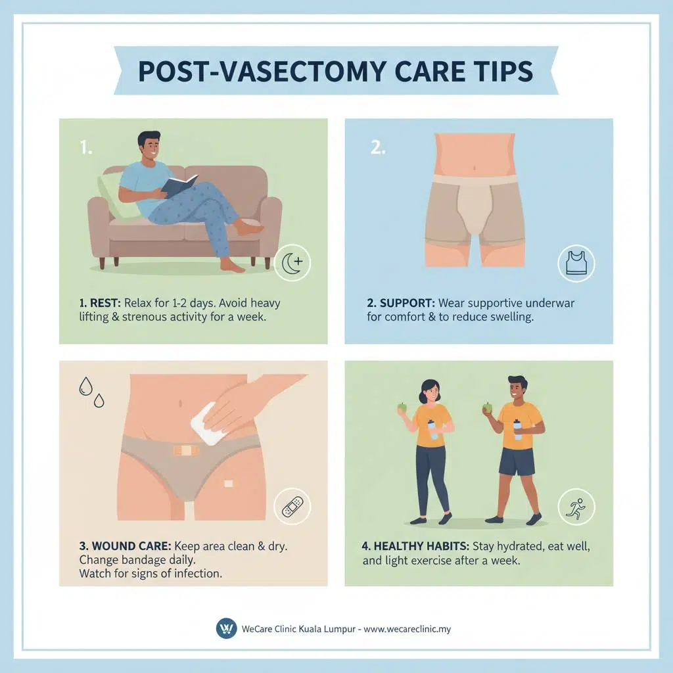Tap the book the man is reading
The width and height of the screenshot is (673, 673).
(178, 185)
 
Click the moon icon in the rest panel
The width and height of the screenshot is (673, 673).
(292, 264)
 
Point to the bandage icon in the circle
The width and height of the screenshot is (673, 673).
(292, 506)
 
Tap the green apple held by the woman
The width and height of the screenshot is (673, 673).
(402, 407)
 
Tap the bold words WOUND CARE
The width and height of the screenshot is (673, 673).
(129, 546)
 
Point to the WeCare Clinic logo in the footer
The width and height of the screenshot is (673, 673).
(226, 628)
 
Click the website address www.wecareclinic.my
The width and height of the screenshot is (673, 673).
(407, 629)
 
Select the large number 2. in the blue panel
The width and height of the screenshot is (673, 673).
(377, 147)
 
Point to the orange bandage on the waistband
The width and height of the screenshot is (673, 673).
(187, 452)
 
